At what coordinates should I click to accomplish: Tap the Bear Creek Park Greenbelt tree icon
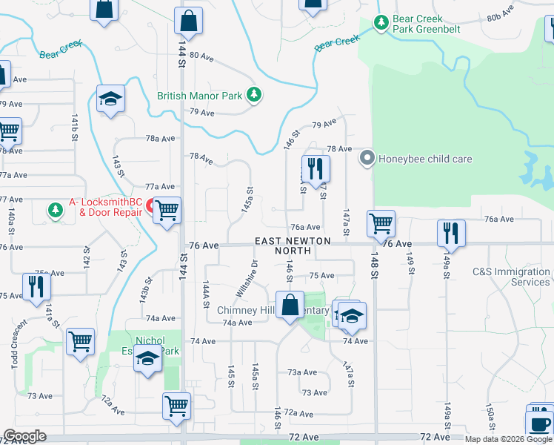[x=381, y=23]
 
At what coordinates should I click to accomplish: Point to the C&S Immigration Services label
[x=512, y=277]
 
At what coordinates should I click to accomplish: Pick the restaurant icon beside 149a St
[x=450, y=233]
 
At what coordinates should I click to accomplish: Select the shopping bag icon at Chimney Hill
[x=290, y=304]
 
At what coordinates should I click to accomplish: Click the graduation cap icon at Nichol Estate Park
[x=147, y=360]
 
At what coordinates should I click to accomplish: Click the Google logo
[x=24, y=436]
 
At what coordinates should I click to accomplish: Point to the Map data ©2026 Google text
[x=508, y=439]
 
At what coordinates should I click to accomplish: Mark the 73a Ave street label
[x=302, y=372]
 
